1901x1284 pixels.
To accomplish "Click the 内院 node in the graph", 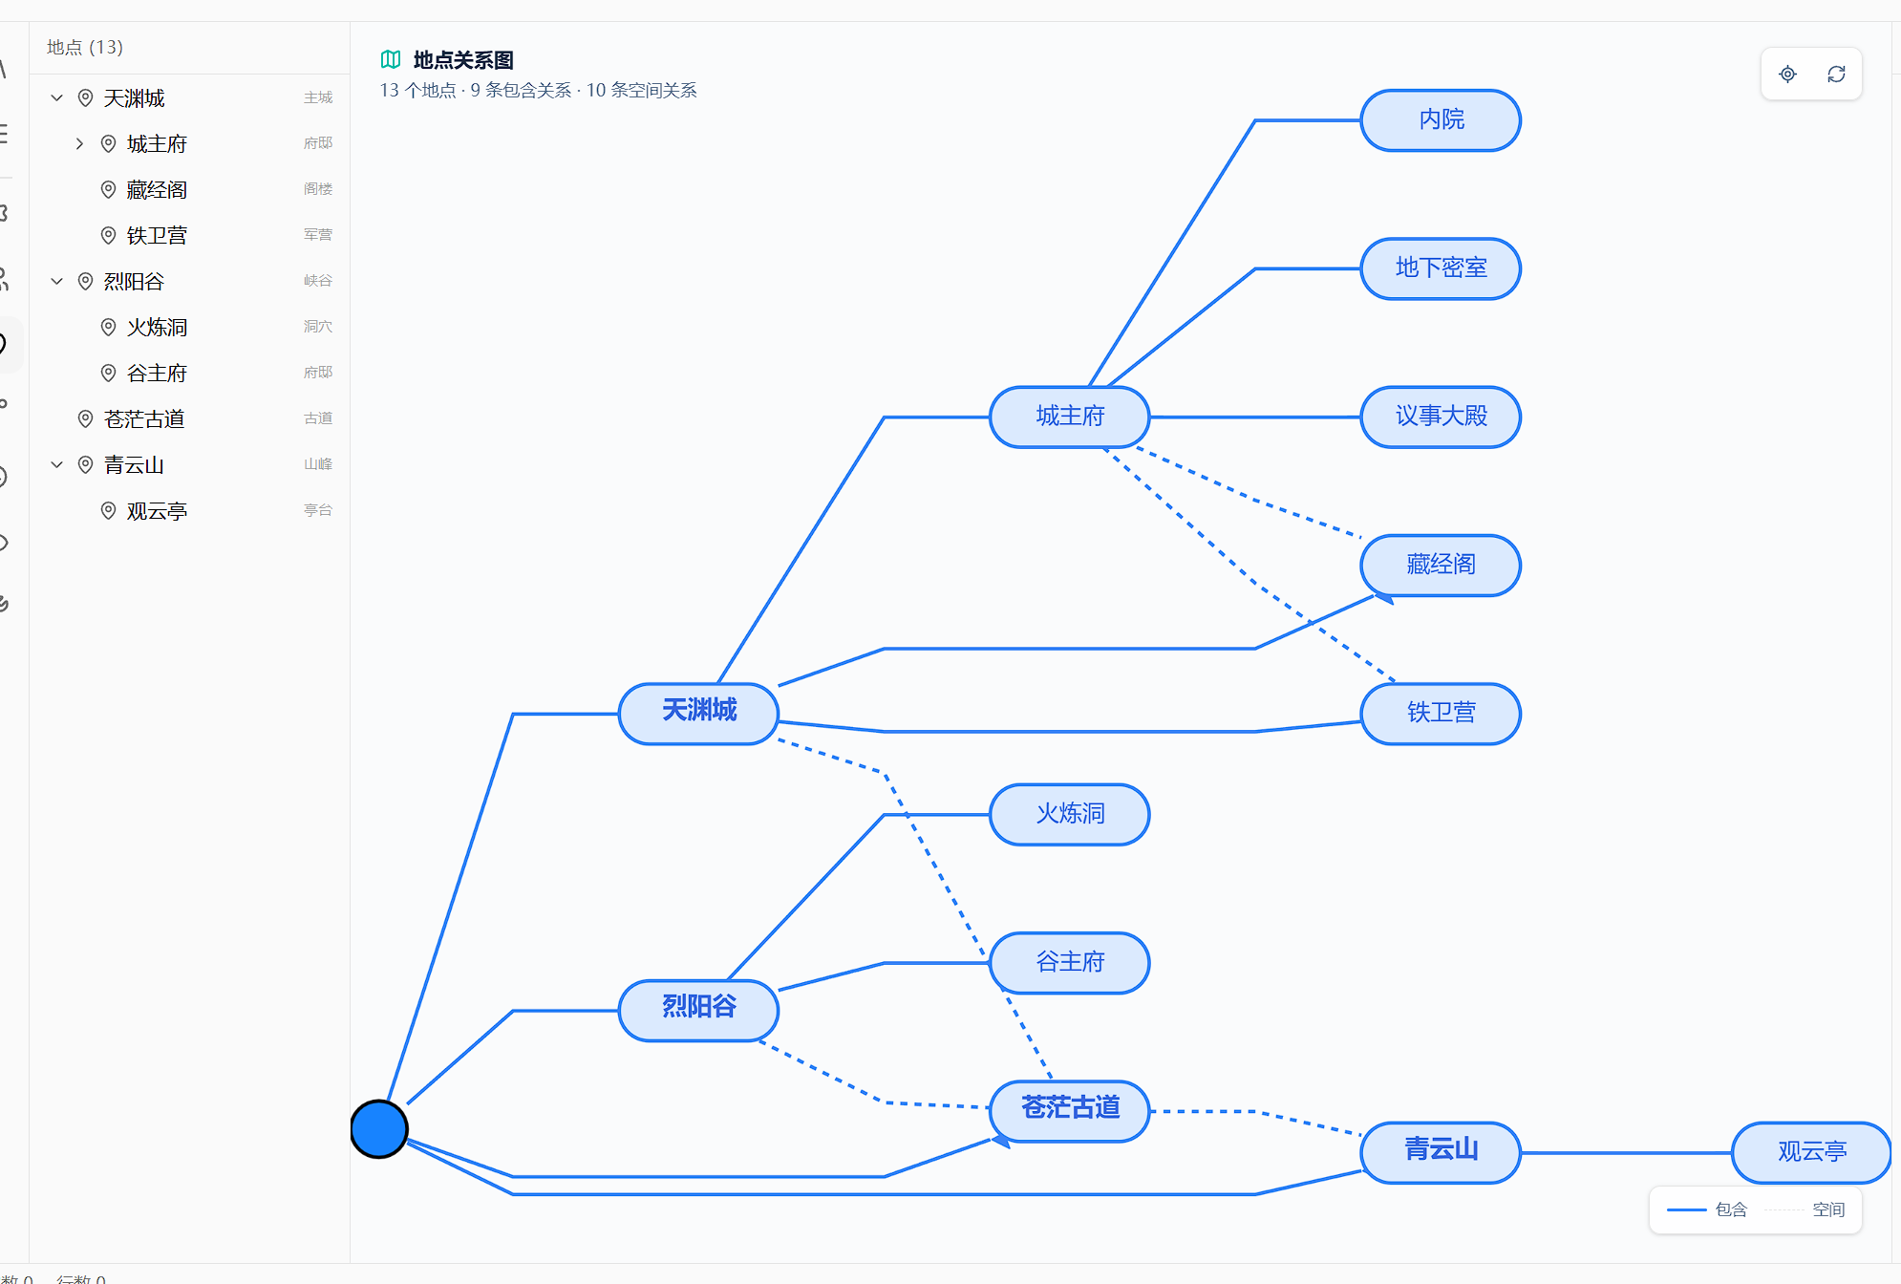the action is tap(1441, 120).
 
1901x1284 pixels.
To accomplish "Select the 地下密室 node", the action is tap(1441, 268).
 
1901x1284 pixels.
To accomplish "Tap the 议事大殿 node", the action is tap(1441, 417).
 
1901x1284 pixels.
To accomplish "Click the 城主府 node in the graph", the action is tap(1070, 417).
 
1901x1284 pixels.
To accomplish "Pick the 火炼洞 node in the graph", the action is tap(1070, 814).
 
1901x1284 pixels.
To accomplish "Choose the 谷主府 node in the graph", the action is tap(1070, 962).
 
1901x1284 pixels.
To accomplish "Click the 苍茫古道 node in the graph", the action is tap(1070, 1110).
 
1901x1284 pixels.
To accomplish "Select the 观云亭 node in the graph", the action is tap(1811, 1152).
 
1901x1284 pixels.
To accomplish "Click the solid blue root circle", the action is tap(379, 1128).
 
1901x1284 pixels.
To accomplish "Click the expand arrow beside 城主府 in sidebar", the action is tap(80, 143).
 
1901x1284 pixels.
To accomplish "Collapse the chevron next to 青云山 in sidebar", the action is tap(57, 464).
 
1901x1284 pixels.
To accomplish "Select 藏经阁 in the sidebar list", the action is tap(157, 189).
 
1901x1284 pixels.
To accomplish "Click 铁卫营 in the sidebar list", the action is tap(157, 235).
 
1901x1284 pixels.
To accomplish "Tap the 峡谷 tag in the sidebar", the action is tap(318, 281).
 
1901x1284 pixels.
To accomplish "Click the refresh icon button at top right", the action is tap(1836, 74).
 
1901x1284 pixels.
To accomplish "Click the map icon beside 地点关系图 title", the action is tap(391, 59).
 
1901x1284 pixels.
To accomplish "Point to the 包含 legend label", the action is tap(1731, 1209).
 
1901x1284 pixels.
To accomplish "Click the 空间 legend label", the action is tap(1828, 1209).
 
